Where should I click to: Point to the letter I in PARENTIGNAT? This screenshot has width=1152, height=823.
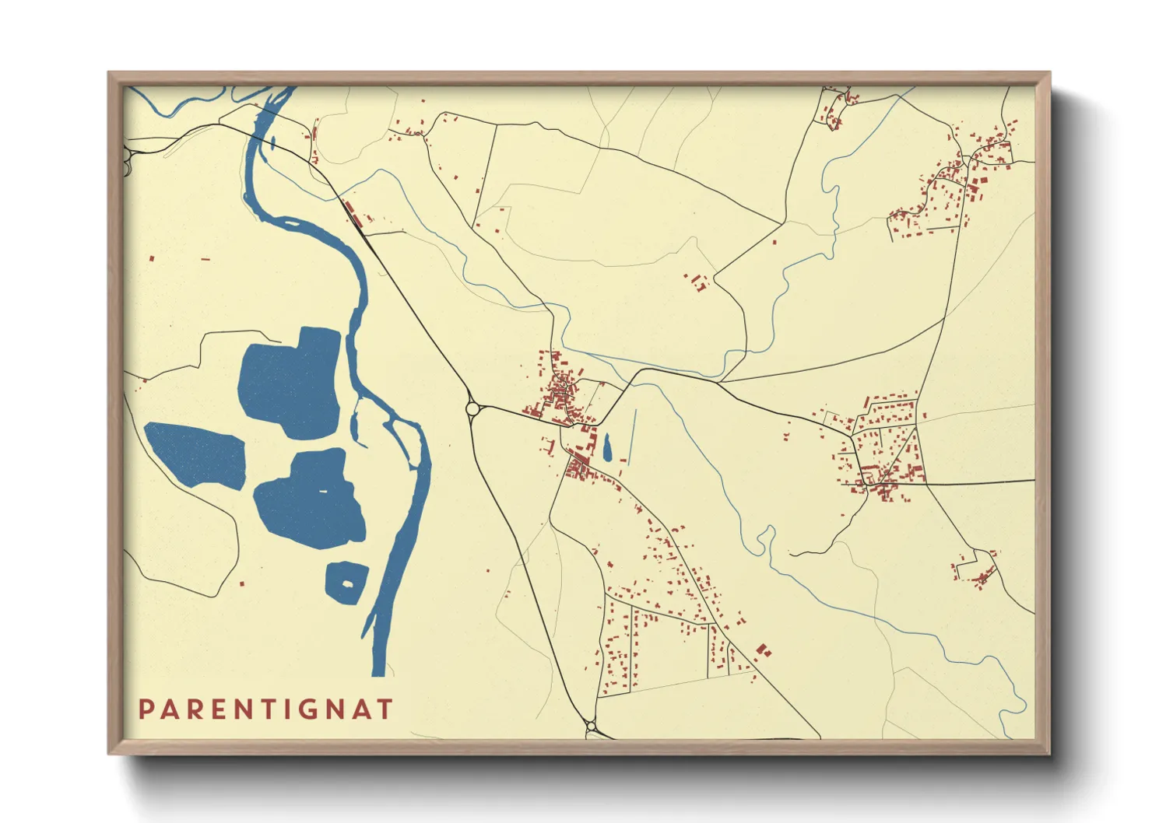click(x=286, y=709)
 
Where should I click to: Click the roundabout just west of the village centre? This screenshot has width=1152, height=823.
click(x=472, y=408)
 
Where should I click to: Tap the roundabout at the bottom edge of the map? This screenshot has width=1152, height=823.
click(x=592, y=727)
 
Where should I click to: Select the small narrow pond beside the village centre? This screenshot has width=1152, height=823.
click(x=607, y=447)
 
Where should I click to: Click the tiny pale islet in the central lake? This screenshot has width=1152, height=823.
click(x=323, y=492)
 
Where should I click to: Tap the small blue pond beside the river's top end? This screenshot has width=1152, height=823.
click(x=273, y=143)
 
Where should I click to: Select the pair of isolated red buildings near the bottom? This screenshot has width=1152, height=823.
click(x=763, y=650)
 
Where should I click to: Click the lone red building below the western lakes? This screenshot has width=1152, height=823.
click(x=241, y=583)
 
